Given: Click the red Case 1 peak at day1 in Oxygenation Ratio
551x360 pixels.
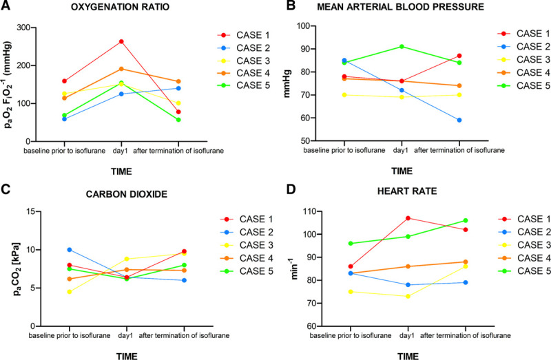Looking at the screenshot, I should (121, 41).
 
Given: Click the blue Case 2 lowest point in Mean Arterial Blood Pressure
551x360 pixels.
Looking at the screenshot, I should (459, 120).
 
